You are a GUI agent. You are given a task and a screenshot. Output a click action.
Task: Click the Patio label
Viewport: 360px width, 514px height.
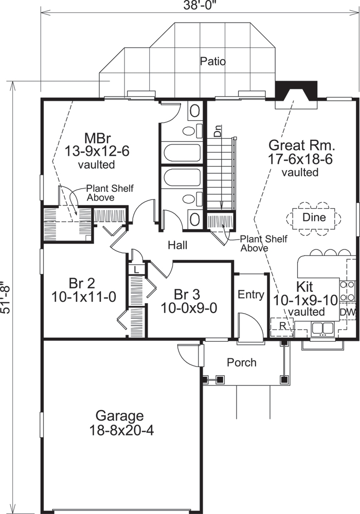213,62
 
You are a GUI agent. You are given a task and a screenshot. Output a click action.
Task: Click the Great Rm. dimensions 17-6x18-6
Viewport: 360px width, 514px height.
301,159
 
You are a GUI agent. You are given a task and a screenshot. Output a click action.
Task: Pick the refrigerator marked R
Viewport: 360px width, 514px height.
282,325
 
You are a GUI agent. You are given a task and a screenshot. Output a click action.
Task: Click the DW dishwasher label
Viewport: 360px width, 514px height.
347,311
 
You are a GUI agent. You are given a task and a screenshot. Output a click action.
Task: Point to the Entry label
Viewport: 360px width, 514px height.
251,295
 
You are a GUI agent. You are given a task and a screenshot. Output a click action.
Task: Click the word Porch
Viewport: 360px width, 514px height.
242,362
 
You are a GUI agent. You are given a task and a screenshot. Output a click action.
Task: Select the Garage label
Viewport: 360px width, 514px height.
120,415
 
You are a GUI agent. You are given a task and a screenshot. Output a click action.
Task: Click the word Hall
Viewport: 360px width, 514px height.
177,246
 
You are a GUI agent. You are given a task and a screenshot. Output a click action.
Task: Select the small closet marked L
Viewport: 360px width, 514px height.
136,269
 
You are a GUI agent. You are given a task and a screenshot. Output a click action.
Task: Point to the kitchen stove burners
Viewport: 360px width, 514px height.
348,290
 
